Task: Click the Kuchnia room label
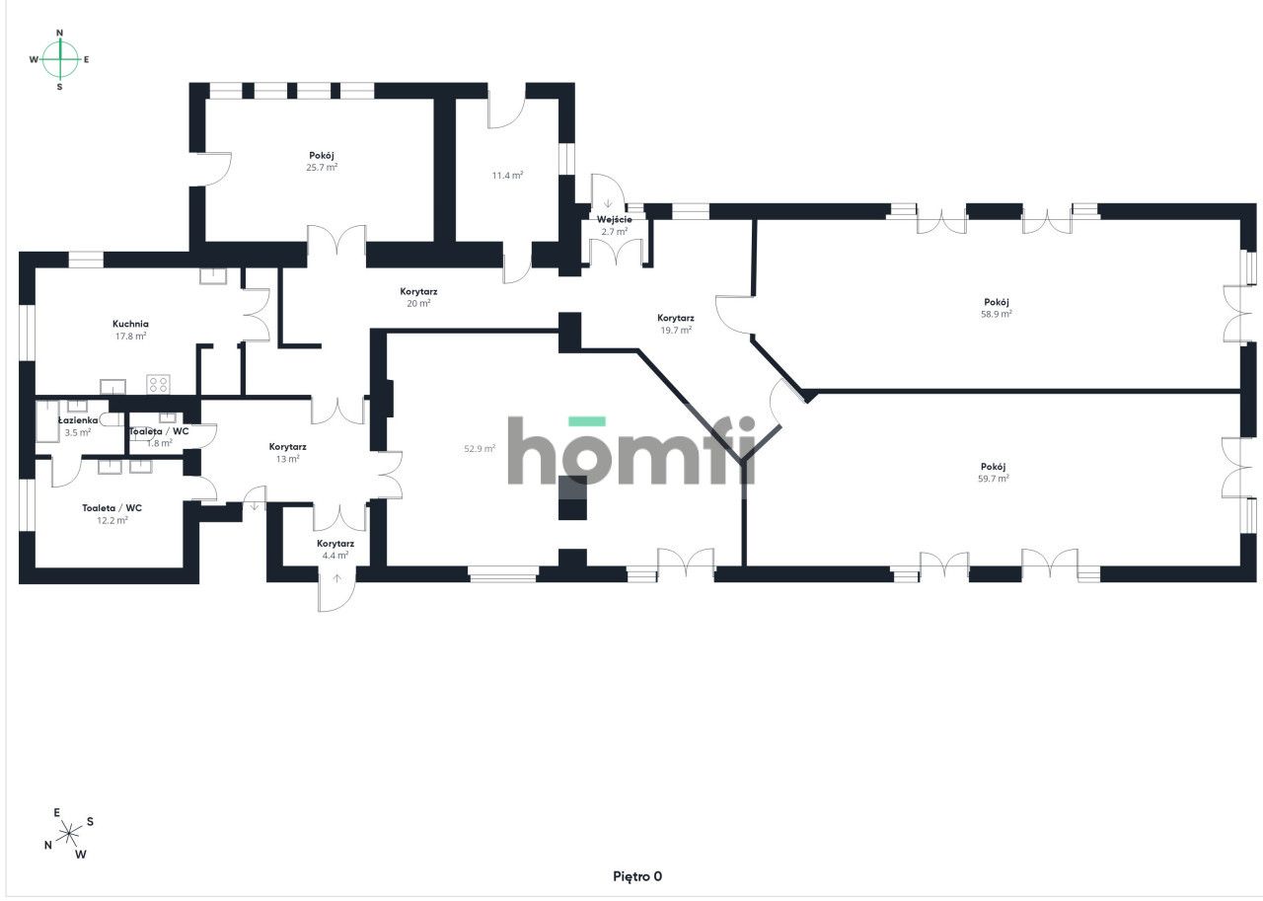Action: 130,324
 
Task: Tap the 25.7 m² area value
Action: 322,168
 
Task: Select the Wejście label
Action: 615,219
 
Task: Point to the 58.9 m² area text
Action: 997,314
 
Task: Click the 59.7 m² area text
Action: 994,479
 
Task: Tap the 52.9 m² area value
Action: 480,449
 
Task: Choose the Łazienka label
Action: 78,420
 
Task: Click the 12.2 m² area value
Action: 112,520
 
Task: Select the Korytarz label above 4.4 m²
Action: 335,544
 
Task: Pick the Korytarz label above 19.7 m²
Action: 676,318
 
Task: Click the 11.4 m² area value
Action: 507,176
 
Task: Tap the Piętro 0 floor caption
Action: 637,876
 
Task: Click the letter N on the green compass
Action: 60,33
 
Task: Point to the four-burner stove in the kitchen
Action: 159,385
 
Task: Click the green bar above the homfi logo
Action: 587,421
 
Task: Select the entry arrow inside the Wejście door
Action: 608,203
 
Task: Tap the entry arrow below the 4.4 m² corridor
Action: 336,578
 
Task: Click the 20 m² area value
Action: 418,303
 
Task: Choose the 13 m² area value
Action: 287,459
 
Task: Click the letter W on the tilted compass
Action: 81,855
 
